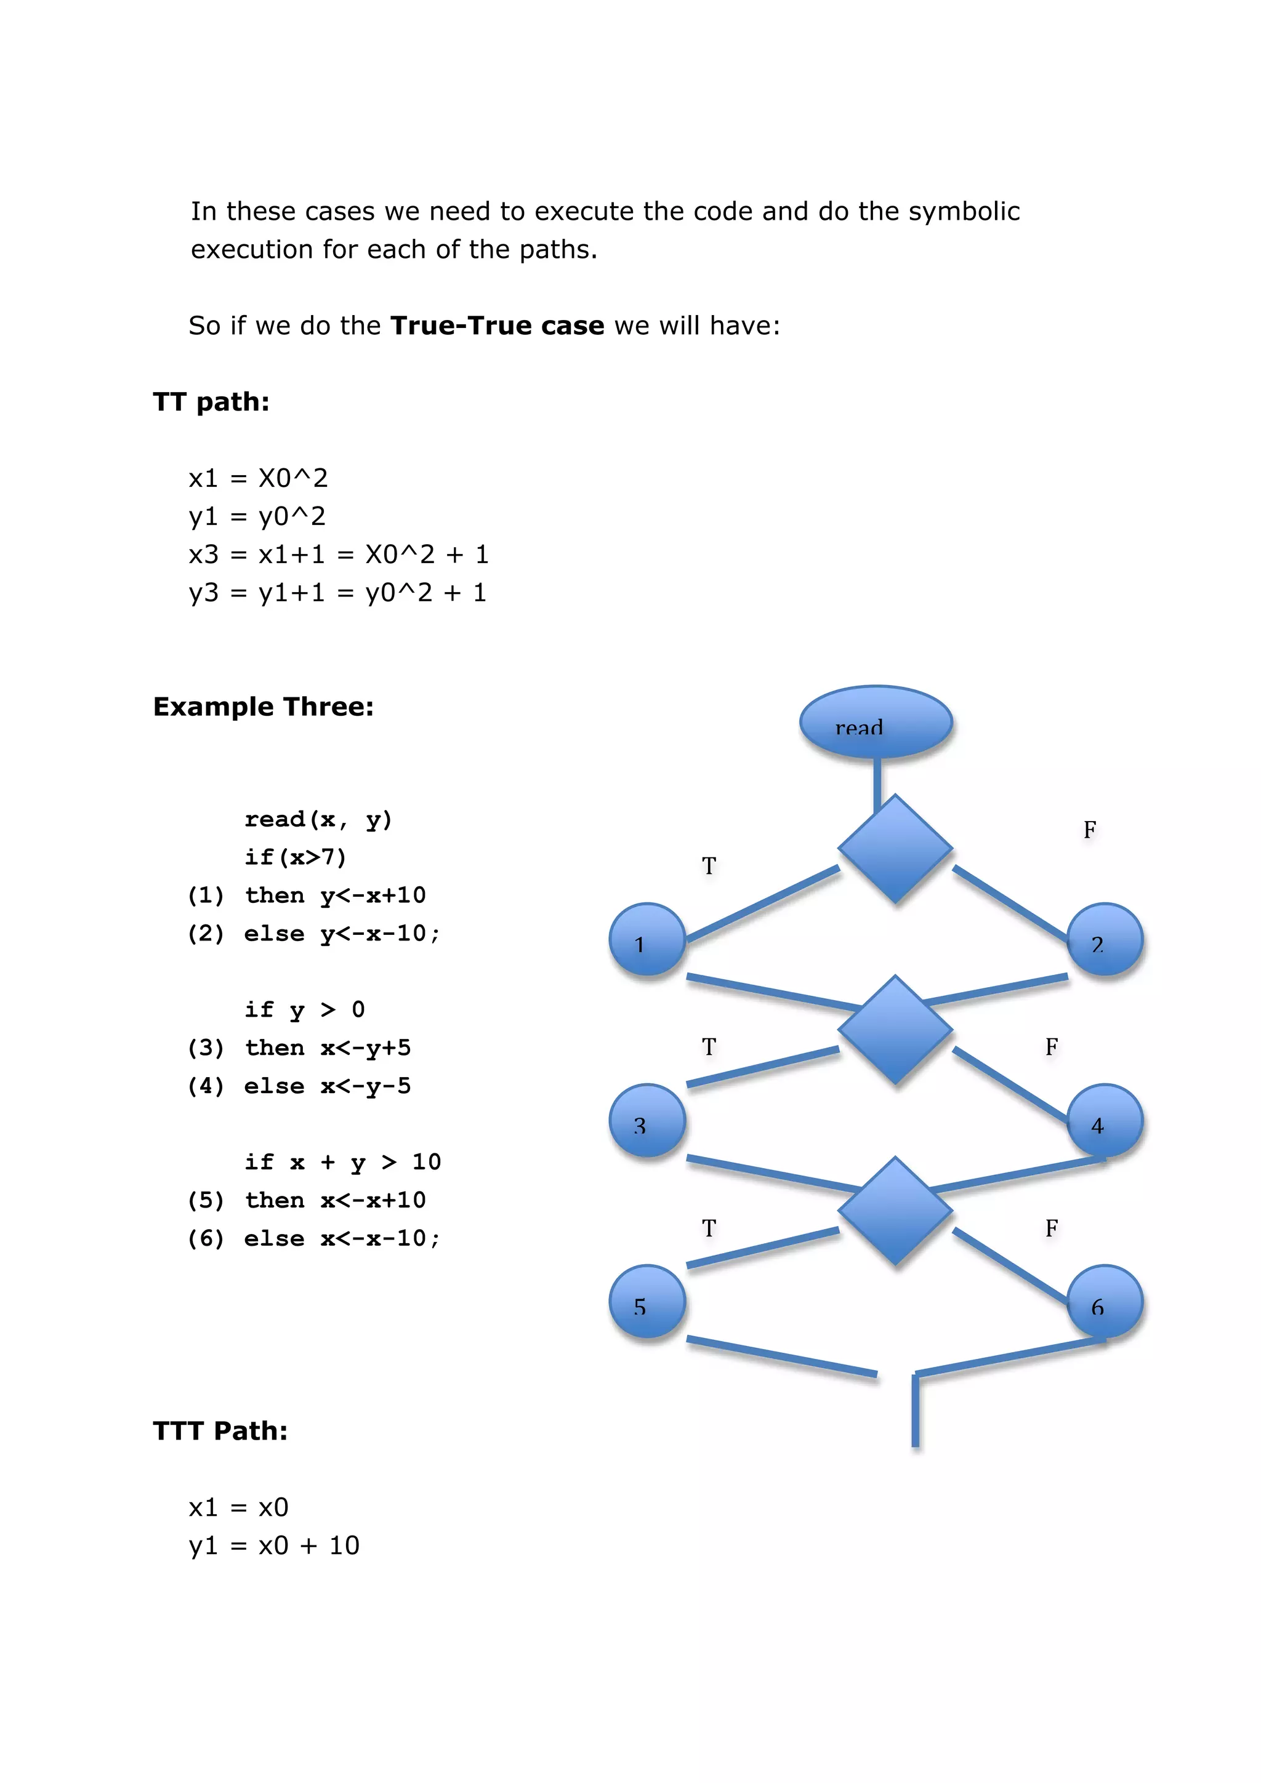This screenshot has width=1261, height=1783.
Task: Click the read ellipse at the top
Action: pos(876,721)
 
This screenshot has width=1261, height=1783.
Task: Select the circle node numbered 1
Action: pos(647,940)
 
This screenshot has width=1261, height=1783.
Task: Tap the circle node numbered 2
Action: pos(1104,940)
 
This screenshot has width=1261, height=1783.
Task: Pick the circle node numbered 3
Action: pos(647,1121)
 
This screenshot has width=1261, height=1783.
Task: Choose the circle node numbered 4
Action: pos(1104,1121)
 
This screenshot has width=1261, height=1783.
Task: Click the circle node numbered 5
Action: pos(647,1302)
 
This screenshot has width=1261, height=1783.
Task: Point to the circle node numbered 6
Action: pos(1104,1302)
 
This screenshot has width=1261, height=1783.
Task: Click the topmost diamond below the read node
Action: pos(895,849)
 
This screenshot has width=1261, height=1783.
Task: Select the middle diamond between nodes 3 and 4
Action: pos(895,1030)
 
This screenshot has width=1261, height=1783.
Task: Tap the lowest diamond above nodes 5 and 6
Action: pos(895,1211)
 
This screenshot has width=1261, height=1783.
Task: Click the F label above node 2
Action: pos(1089,830)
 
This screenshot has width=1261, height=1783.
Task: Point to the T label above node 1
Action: pos(709,866)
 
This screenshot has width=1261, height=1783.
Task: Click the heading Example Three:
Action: pos(264,707)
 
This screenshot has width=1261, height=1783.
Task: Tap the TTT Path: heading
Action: pos(220,1430)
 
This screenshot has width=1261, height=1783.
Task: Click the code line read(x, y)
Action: pos(318,819)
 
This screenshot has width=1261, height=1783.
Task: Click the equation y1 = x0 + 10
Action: pos(274,1545)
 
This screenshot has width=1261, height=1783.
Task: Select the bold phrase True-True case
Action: pos(498,326)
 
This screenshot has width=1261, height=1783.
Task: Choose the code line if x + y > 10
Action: pos(342,1163)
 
